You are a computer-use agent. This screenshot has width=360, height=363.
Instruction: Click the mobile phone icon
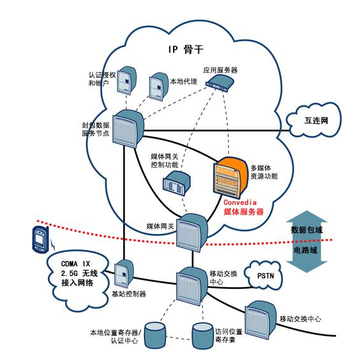[39, 239]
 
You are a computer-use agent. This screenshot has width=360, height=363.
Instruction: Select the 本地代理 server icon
[157, 87]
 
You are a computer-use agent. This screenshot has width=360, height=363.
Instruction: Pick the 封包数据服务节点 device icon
[129, 129]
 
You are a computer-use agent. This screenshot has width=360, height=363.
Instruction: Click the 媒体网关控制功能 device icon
[176, 183]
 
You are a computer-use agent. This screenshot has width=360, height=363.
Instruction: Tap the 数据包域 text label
[306, 230]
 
